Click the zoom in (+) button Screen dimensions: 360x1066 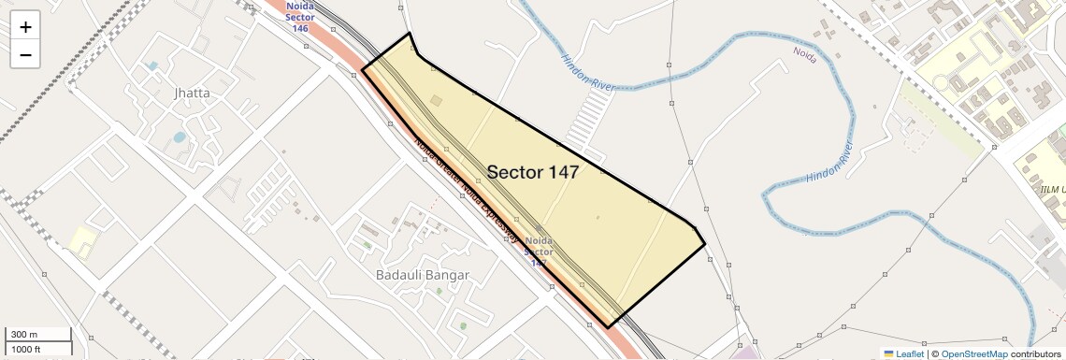click(x=25, y=27)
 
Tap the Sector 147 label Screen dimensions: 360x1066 click(x=532, y=172)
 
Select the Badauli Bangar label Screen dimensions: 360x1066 click(x=422, y=275)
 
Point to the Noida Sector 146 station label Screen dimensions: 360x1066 click(x=299, y=17)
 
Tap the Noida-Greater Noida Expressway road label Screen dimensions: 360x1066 click(x=465, y=192)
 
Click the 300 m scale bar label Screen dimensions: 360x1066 click(x=25, y=335)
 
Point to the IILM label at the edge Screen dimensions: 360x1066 click(x=1052, y=190)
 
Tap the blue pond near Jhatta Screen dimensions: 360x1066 click(x=179, y=137)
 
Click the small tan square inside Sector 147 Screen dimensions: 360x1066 click(x=436, y=100)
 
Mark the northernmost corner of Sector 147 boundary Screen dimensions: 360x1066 click(x=410, y=34)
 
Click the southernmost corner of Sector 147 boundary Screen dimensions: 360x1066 click(x=609, y=327)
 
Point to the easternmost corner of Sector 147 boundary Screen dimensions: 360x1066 click(x=704, y=246)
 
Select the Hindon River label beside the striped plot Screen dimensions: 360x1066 click(x=587, y=71)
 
